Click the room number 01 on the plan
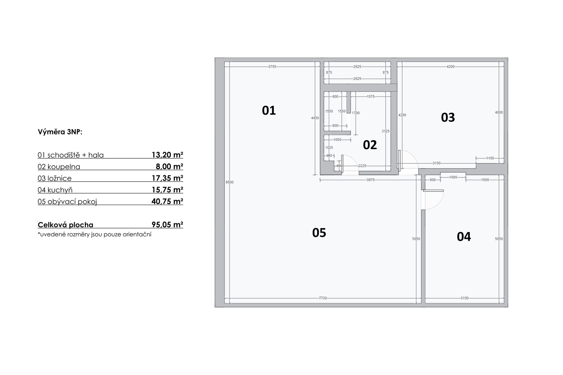[269, 110]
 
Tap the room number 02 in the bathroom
[370, 145]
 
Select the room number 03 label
[448, 117]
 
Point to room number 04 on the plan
[464, 237]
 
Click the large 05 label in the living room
[319, 233]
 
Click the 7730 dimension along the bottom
[323, 298]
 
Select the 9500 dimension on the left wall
[230, 182]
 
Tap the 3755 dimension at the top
[272, 67]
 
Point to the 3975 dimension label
[371, 180]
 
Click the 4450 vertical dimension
[315, 118]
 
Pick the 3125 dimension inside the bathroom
[386, 131]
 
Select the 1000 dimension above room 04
[453, 177]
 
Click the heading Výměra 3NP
[60, 132]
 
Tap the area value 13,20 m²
[167, 155]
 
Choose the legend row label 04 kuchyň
[55, 190]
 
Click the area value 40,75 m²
[167, 201]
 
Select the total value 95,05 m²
[167, 224]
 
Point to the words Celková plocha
[65, 225]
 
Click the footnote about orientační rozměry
[94, 234]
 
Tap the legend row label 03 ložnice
[55, 178]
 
